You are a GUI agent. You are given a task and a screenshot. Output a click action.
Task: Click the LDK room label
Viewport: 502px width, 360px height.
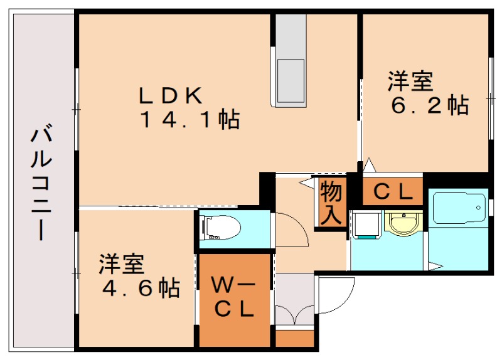point(170,96)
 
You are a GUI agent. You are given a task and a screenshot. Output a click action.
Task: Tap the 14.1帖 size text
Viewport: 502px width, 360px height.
point(189,119)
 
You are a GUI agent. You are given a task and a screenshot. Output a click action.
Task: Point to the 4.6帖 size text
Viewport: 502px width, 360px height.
point(141,288)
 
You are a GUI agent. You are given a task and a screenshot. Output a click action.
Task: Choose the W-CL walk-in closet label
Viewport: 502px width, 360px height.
point(235,297)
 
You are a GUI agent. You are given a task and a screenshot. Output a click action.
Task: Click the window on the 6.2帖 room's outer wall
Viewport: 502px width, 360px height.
point(491,98)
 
